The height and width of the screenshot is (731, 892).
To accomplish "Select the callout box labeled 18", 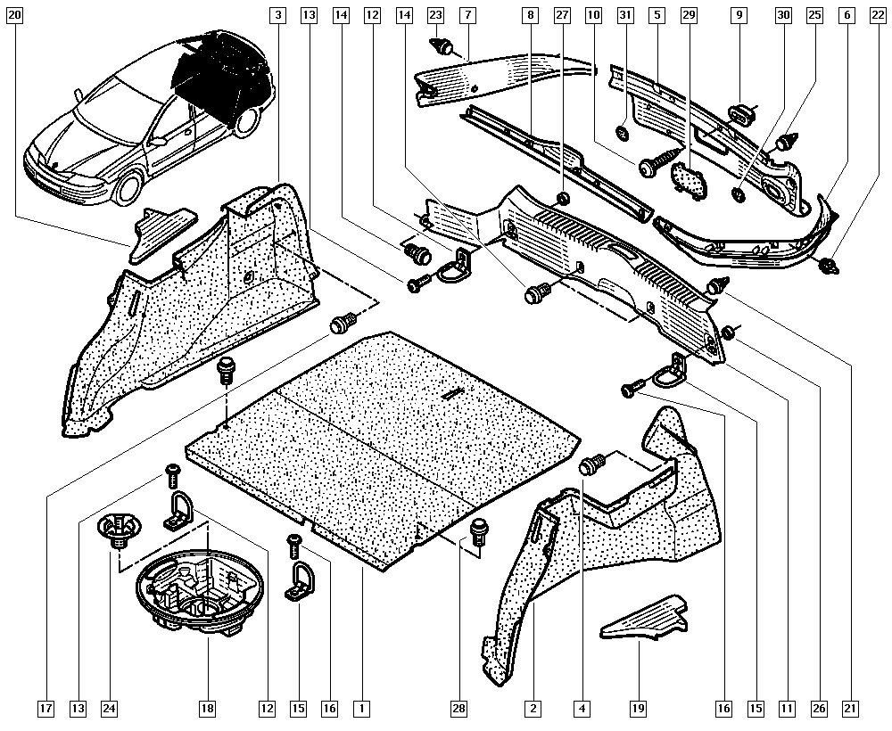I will click(x=207, y=709).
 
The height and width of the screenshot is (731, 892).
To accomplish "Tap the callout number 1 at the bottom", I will click(x=361, y=709).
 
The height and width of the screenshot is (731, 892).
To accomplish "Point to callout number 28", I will click(x=458, y=709).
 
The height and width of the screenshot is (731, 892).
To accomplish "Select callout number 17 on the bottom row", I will click(x=45, y=709).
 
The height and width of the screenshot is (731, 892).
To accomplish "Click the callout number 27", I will click(x=561, y=15).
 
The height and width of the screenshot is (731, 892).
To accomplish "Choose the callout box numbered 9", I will click(x=739, y=15).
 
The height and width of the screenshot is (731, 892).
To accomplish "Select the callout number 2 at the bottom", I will click(x=533, y=709).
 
